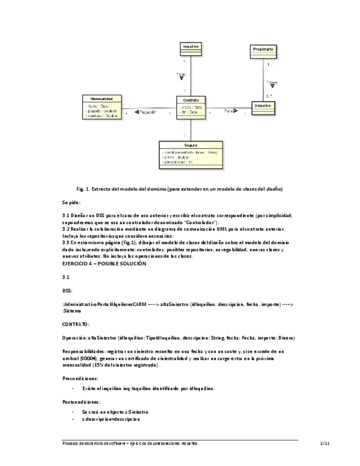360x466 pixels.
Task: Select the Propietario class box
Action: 262,52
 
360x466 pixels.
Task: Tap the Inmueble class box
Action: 264,107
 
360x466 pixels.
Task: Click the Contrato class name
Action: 191,100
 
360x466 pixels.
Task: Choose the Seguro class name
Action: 191,145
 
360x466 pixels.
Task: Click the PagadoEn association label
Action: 148,112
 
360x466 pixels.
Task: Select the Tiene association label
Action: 181,74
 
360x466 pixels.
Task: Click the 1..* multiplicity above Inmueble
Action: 269,96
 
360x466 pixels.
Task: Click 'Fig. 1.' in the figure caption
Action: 85,189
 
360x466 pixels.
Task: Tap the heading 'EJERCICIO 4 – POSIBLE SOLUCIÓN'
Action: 104,264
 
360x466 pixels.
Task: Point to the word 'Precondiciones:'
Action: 80,378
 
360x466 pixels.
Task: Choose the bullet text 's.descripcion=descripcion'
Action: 110,419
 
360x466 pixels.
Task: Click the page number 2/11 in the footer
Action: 325,443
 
